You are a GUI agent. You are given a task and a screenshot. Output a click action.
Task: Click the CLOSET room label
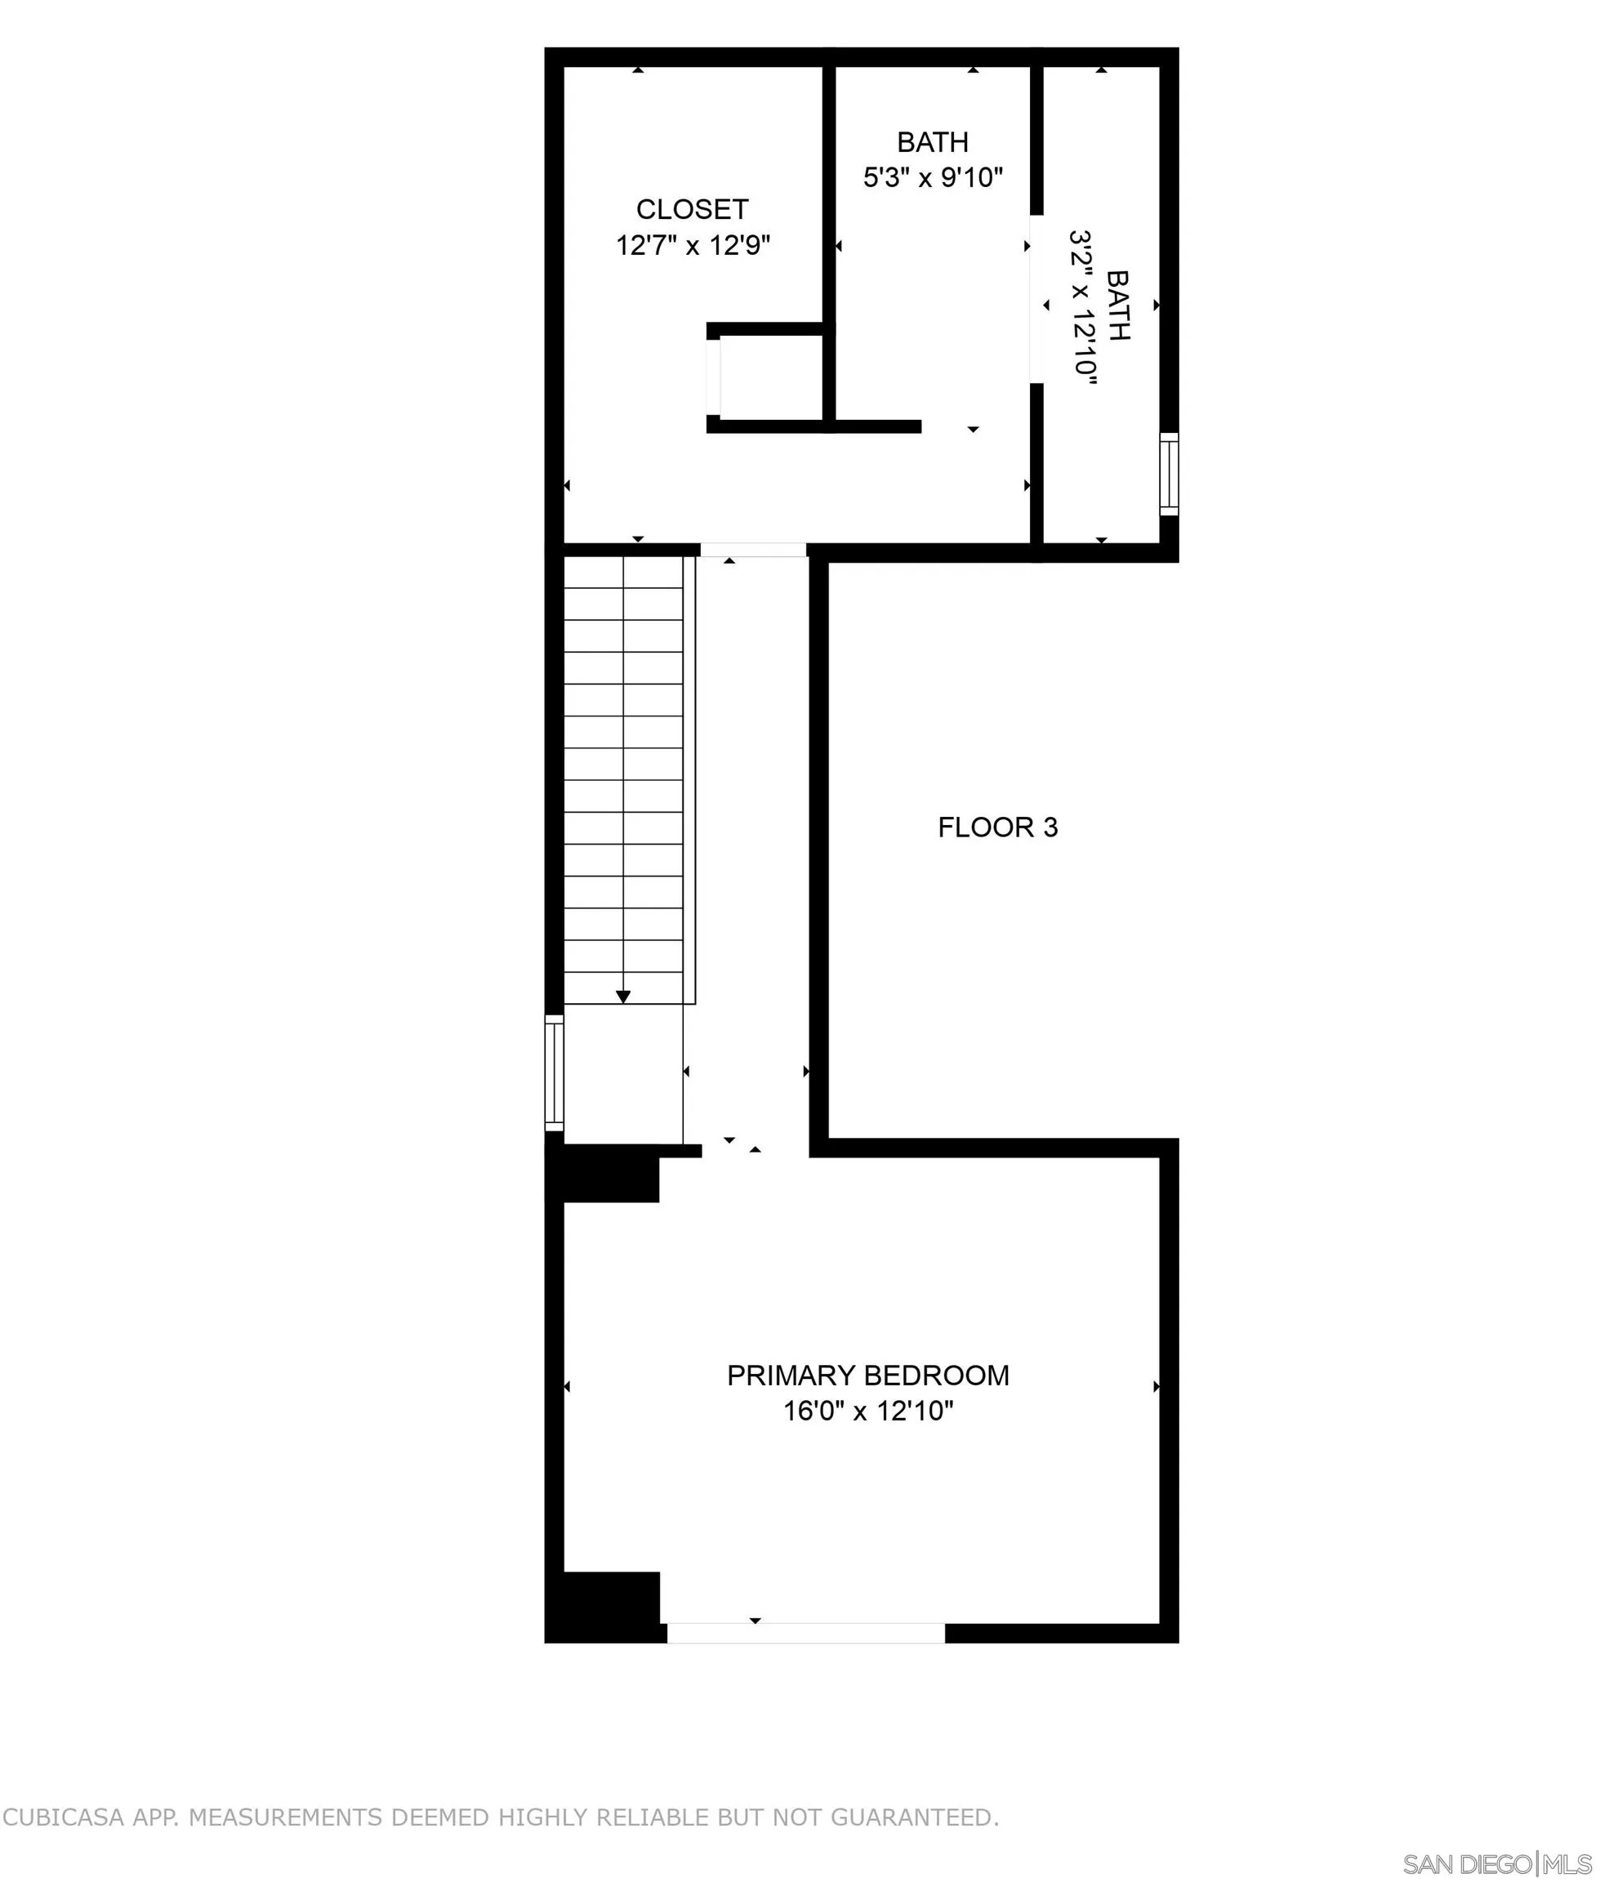(692, 209)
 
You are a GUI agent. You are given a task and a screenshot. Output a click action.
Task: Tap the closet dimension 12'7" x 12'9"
(693, 246)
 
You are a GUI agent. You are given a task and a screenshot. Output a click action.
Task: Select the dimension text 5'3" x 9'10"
(933, 177)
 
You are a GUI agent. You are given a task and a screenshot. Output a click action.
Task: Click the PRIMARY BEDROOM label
(867, 1375)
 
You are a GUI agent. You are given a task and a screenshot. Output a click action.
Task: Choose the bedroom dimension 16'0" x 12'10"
(868, 1411)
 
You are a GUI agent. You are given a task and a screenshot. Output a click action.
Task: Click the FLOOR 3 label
(998, 827)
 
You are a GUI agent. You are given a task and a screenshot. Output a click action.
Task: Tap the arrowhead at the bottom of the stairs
(623, 997)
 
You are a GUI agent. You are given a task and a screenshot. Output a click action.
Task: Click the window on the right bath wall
(1169, 475)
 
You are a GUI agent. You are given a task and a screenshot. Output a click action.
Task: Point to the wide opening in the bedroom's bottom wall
(805, 1634)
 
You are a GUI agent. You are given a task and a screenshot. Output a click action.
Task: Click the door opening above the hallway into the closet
(753, 550)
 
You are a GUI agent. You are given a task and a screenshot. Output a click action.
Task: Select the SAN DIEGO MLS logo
(1496, 1864)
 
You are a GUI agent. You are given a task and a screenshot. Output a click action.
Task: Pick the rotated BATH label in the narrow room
(1117, 305)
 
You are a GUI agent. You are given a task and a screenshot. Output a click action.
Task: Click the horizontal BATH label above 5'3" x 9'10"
(933, 142)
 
